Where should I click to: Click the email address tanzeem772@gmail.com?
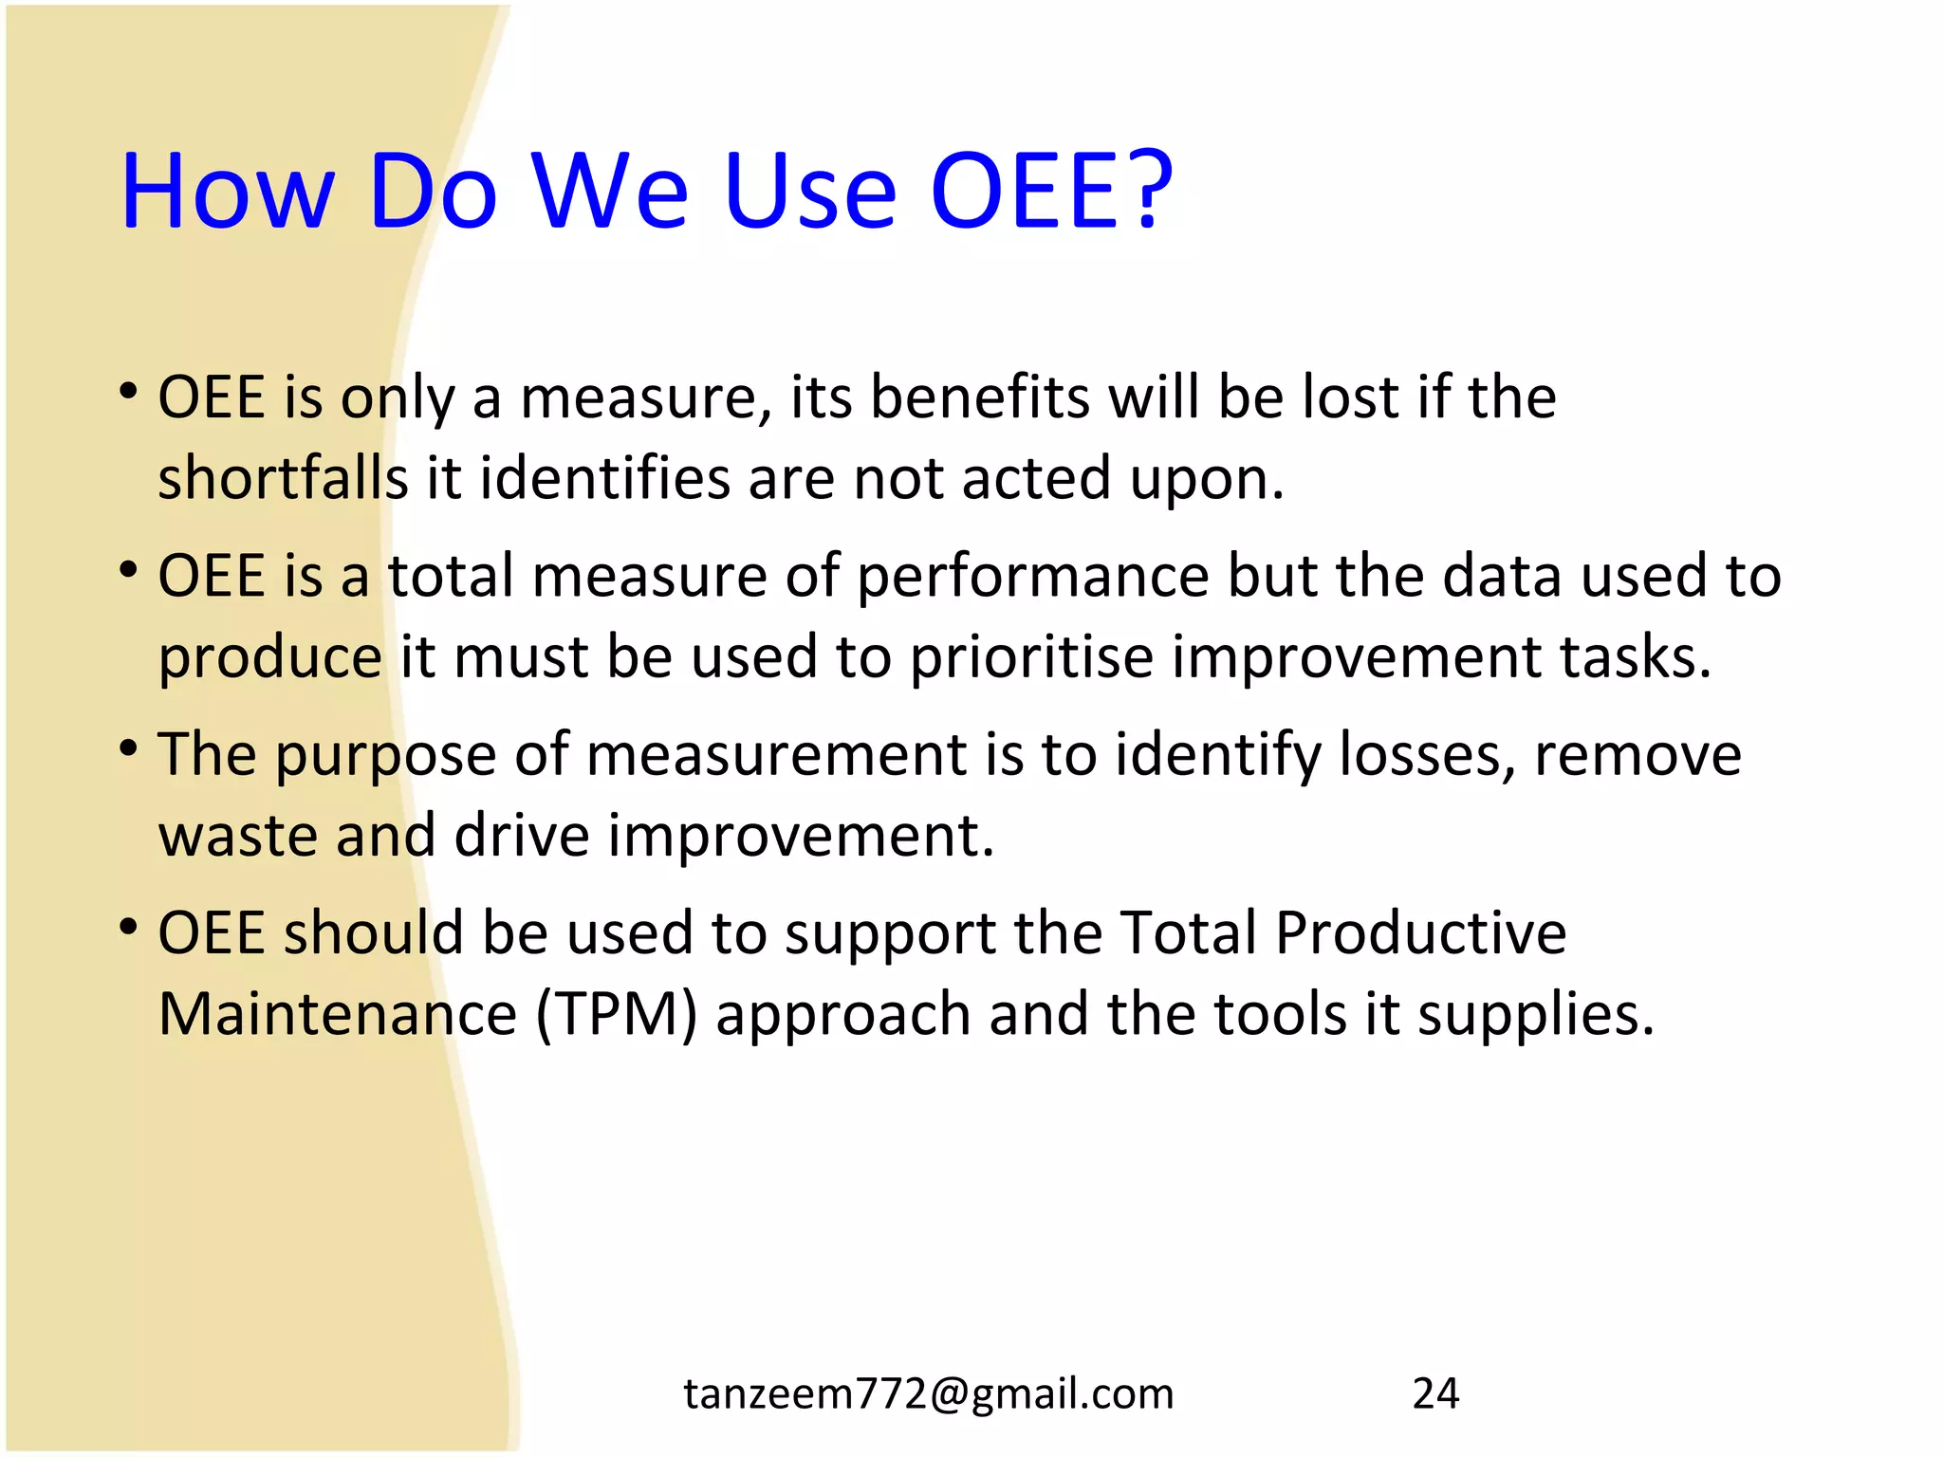[x=929, y=1393]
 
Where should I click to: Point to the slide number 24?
[x=1435, y=1393]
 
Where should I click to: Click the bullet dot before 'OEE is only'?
[x=129, y=391]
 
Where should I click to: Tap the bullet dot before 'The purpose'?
[x=129, y=748]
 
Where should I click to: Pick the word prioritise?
[x=1031, y=656]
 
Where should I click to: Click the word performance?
[x=1033, y=577]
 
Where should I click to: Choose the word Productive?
[x=1420, y=932]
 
